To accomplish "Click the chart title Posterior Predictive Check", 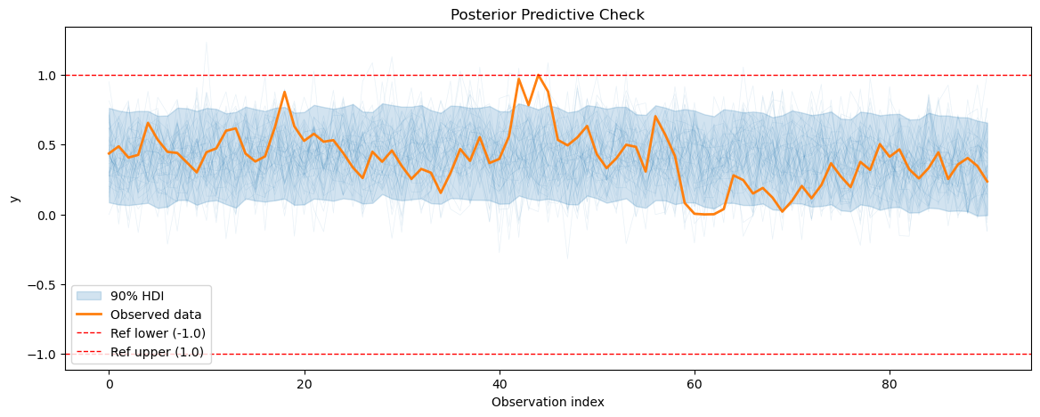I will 547,14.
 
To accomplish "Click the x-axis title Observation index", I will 547,402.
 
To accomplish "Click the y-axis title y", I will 13,198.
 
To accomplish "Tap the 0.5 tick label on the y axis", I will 45,145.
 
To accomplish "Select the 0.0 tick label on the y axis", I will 45,215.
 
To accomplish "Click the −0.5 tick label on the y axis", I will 42,285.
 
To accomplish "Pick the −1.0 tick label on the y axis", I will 42,355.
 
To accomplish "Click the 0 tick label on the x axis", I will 109,385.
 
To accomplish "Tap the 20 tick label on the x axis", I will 304,385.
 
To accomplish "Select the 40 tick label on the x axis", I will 499,385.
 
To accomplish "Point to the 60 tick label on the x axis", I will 694,385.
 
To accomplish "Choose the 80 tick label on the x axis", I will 889,385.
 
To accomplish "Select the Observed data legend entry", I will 155,315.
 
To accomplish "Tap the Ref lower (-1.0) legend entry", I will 157,333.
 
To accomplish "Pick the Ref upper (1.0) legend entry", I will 157,352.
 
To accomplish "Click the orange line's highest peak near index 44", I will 538,75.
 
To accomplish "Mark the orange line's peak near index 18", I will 284,92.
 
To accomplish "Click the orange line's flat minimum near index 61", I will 703,214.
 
